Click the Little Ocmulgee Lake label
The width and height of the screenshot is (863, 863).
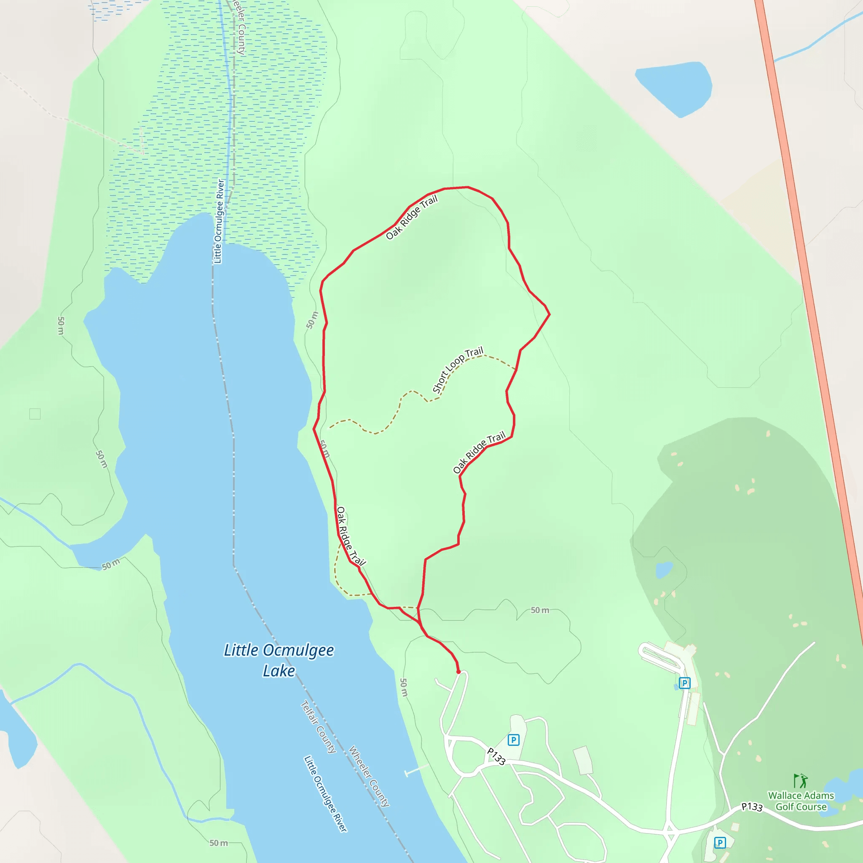[279, 660]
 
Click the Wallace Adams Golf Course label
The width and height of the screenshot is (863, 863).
[801, 801]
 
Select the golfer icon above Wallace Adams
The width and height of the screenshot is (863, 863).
[800, 781]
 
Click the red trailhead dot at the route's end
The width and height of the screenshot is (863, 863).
[458, 671]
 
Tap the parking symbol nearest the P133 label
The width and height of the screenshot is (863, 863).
[514, 740]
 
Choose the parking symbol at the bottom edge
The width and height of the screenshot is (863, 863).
[720, 842]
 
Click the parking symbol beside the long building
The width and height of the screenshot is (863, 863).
[684, 683]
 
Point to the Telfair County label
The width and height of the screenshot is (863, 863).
[319, 727]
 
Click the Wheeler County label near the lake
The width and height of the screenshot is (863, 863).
[369, 776]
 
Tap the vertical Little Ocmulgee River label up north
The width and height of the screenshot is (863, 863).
[218, 221]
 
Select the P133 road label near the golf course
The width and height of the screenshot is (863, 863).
[752, 807]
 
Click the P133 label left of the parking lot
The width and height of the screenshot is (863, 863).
[496, 756]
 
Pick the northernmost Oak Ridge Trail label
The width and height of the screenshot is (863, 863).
[411, 217]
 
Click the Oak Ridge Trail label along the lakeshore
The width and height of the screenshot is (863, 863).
[351, 536]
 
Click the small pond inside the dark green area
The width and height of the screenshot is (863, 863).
[664, 570]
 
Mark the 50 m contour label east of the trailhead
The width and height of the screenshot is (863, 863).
[540, 610]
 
